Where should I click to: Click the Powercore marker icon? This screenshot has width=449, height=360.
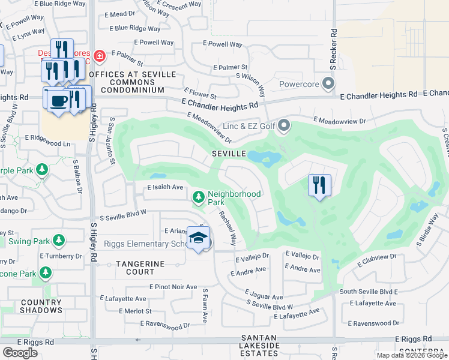pyautogui.click(x=328, y=83)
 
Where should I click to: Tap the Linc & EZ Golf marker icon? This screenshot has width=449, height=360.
pyautogui.click(x=284, y=125)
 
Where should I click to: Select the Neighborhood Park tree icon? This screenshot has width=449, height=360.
pyautogui.click(x=199, y=197)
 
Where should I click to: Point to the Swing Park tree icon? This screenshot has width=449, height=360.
pyautogui.click(x=58, y=241)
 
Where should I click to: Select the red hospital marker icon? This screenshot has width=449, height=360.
pyautogui.click(x=99, y=57)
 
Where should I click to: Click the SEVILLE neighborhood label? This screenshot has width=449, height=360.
pyautogui.click(x=229, y=154)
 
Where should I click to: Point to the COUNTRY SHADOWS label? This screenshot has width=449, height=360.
pyautogui.click(x=41, y=306)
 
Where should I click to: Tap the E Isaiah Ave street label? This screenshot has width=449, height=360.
pyautogui.click(x=165, y=187)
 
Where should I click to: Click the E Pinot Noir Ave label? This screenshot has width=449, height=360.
pyautogui.click(x=173, y=287)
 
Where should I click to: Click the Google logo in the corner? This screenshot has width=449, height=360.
pyautogui.click(x=20, y=353)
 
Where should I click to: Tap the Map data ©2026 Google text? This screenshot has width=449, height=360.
pyautogui.click(x=411, y=355)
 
